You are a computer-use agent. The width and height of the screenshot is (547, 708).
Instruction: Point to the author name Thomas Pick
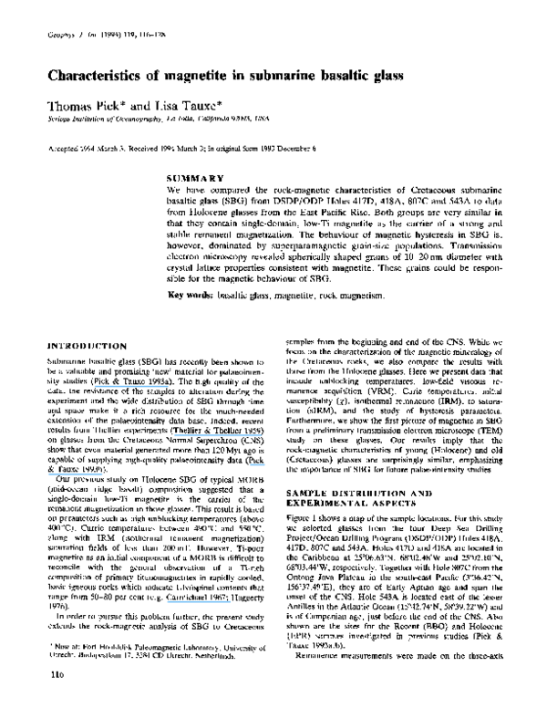(x=78, y=108)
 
